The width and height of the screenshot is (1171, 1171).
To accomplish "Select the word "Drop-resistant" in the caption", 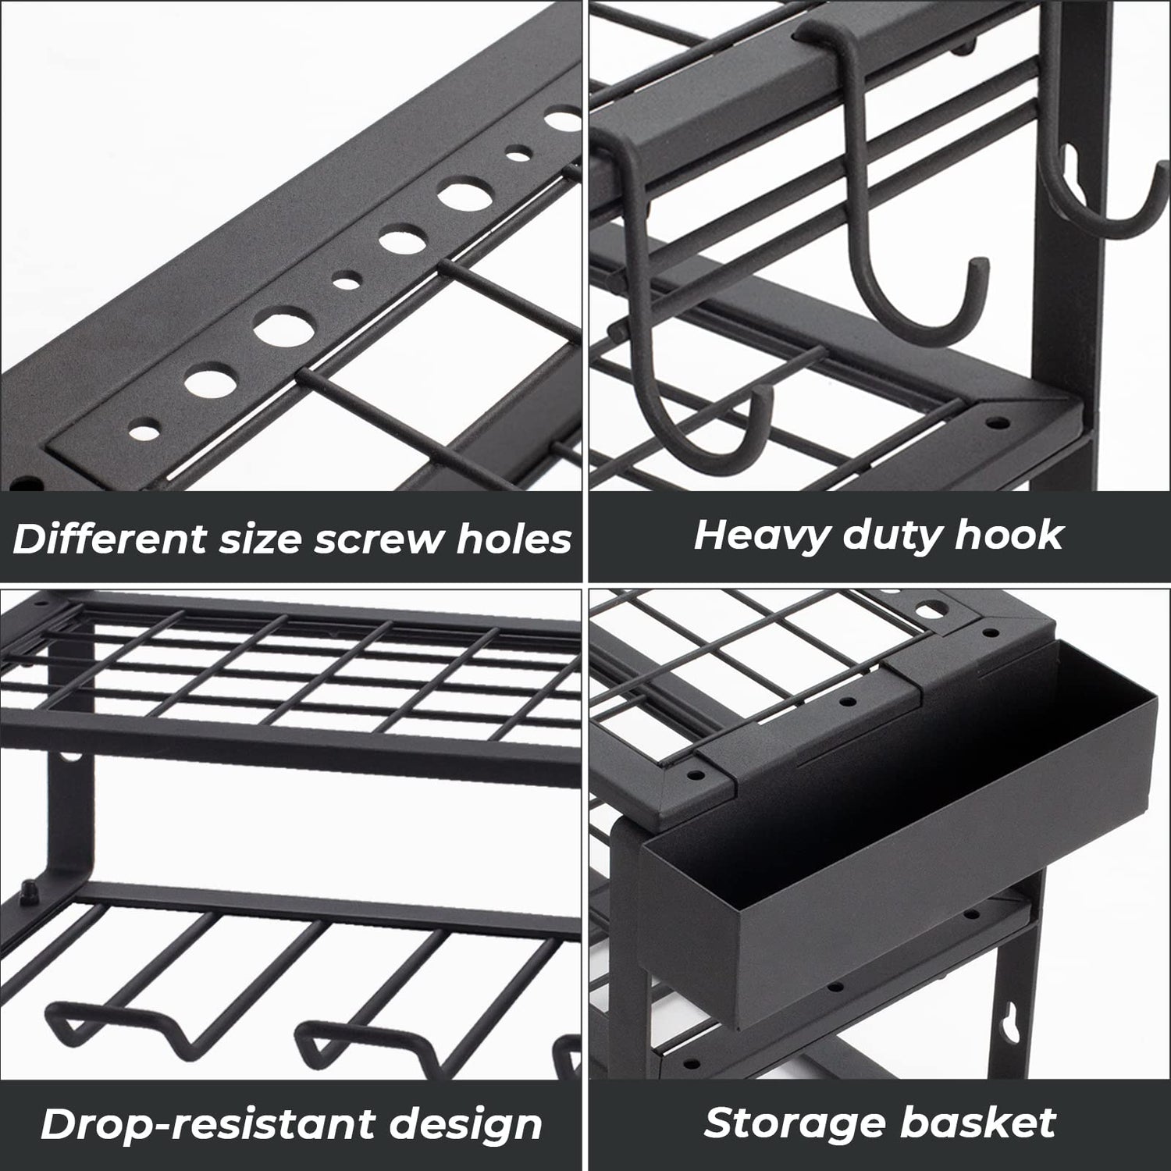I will click(187, 1124).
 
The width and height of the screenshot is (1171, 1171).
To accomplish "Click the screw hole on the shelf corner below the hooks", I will click(995, 422).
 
